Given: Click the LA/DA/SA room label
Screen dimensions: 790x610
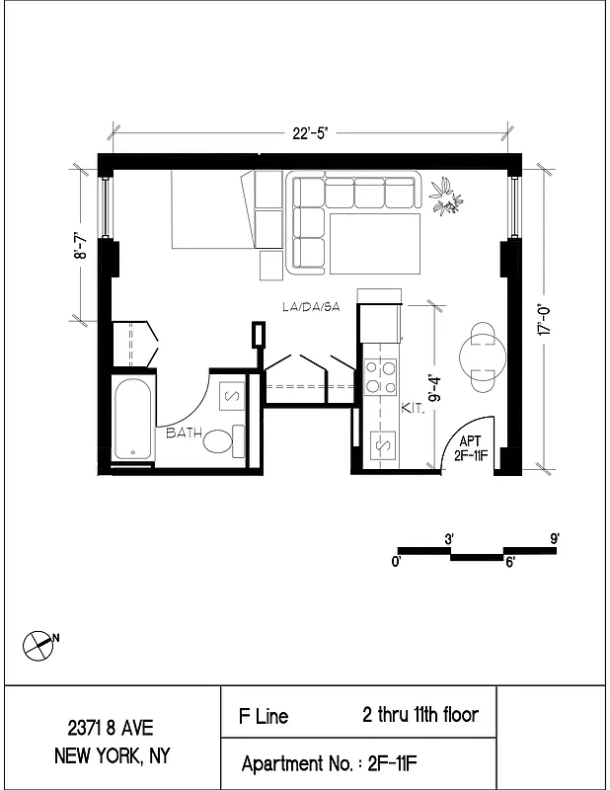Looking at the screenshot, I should click(x=310, y=308).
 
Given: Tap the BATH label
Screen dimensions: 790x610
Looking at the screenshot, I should click(x=184, y=433).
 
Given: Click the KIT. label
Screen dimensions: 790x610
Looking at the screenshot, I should click(x=413, y=407).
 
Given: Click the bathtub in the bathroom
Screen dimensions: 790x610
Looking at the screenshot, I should click(x=133, y=419).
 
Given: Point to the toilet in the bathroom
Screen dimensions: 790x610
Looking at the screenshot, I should click(x=223, y=440).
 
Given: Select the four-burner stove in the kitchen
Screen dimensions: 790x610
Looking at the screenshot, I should click(x=380, y=376).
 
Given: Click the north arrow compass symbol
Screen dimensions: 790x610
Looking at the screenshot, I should click(x=38, y=644).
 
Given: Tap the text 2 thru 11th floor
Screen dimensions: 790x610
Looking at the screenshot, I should click(x=419, y=714).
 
